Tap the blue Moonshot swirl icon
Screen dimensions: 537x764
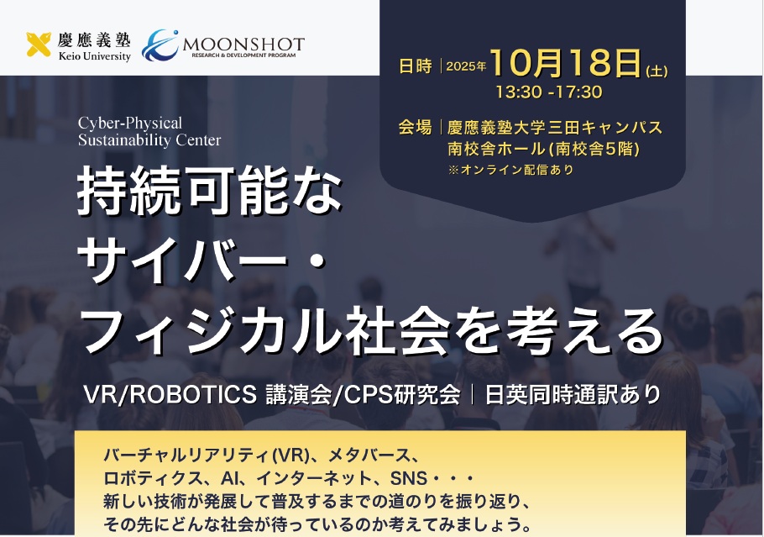tap(160, 45)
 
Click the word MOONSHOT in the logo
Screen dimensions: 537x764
tap(243, 43)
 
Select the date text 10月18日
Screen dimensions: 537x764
tap(566, 64)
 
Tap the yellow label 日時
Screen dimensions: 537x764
tap(416, 67)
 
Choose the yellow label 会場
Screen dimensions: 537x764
tap(416, 128)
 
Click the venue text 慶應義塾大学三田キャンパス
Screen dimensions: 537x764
tap(555, 128)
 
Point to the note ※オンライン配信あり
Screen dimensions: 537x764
tap(510, 170)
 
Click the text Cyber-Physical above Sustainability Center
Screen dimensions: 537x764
tap(129, 124)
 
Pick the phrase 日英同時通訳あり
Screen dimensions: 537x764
tap(568, 395)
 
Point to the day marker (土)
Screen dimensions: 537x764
tap(656, 71)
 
